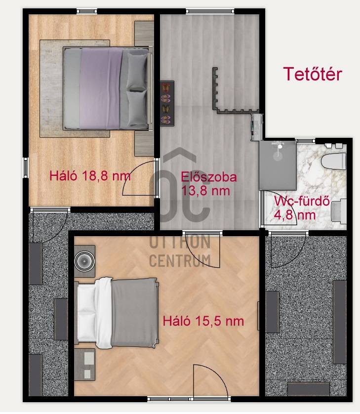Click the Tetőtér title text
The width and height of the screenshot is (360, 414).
[313, 74]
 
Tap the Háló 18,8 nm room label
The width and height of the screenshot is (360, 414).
[90, 175]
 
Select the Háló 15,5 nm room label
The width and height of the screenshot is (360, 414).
[203, 321]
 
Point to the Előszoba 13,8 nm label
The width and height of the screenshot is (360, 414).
[208, 184]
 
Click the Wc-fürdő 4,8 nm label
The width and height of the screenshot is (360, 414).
[302, 208]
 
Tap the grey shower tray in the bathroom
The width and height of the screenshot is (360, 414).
[278, 166]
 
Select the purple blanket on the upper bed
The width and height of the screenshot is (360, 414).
[101, 88]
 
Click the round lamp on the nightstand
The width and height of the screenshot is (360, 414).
[84, 261]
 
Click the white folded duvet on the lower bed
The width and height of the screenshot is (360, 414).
[104, 313]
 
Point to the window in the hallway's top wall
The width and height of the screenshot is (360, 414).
[210, 11]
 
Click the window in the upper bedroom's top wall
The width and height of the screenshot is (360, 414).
[87, 11]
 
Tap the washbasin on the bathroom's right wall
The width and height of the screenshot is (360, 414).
[339, 212]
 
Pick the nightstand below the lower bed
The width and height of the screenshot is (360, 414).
[84, 365]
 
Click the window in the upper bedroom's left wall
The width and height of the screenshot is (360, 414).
[26, 167]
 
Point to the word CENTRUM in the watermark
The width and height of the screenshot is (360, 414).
[180, 260]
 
